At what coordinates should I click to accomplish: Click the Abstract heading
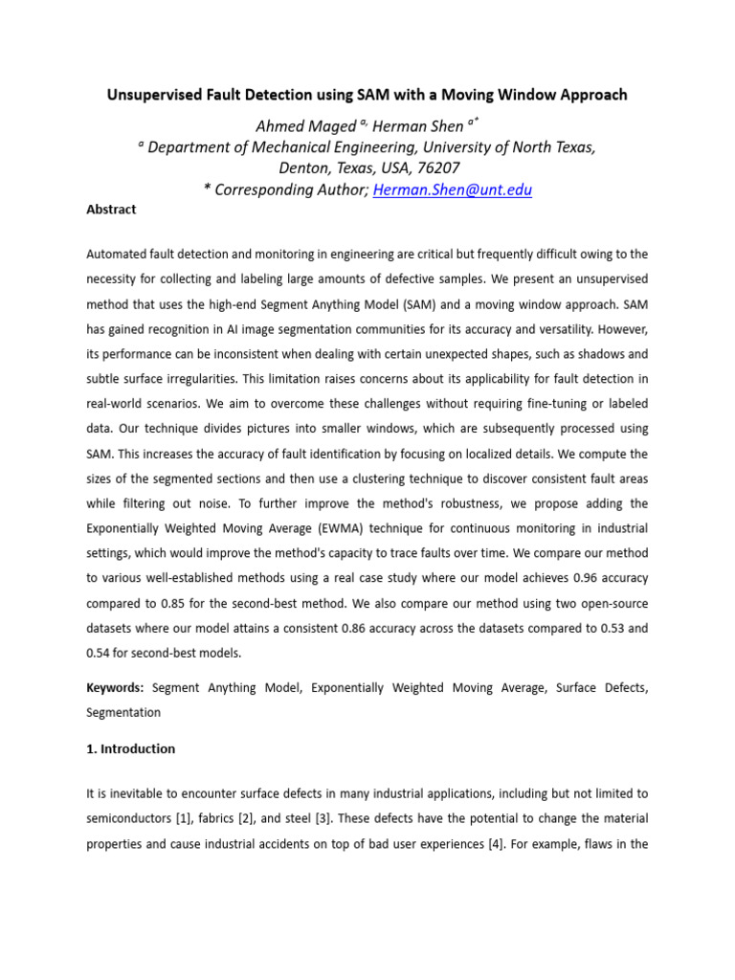tap(111, 210)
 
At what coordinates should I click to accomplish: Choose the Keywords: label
tap(115, 687)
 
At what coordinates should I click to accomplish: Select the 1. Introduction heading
tap(130, 749)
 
